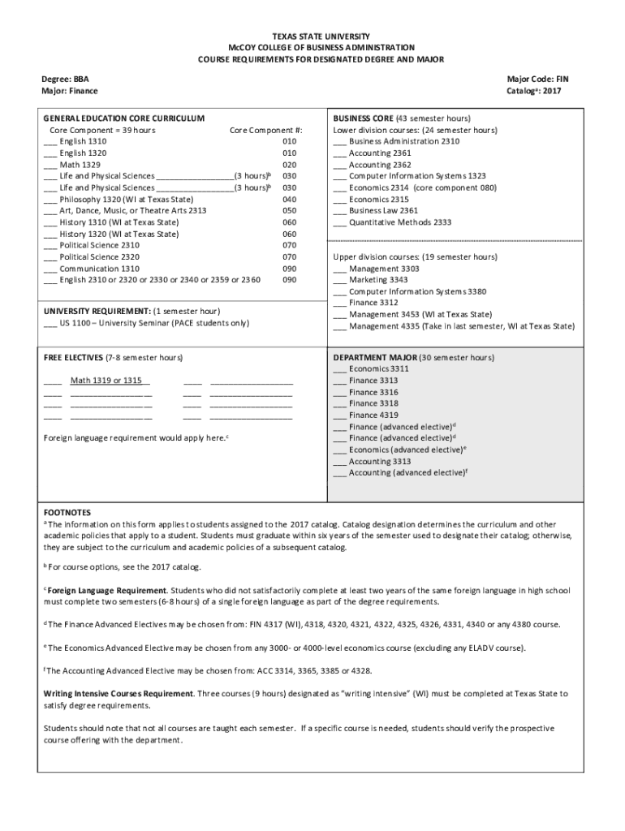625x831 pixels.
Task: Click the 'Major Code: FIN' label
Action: coord(538,80)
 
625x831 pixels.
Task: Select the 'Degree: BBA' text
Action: coord(66,80)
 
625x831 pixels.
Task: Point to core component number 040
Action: coord(289,200)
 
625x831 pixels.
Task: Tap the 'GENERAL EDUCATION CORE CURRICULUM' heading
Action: coord(123,118)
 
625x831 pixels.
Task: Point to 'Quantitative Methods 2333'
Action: coord(399,222)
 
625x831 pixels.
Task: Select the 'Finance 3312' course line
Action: coord(373,303)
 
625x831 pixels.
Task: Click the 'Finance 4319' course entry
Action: coord(373,415)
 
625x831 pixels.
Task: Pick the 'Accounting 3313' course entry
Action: coord(379,462)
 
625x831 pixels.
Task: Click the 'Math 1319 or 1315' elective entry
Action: coord(106,381)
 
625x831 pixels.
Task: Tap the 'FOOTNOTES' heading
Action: coord(67,514)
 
